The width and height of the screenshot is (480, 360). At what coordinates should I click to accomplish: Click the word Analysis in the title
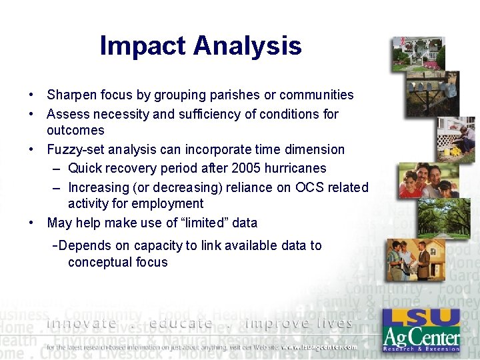tap(248, 46)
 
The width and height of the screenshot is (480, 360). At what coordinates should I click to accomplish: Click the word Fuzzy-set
tap(75, 149)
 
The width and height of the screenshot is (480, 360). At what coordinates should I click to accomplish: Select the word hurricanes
tap(293, 168)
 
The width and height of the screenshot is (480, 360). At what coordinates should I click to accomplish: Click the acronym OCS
tap(299, 187)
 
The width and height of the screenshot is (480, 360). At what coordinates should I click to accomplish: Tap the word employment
tap(170, 203)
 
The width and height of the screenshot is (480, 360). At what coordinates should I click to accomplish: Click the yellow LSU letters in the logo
tap(421, 319)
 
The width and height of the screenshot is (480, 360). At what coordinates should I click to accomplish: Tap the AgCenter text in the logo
tap(421, 337)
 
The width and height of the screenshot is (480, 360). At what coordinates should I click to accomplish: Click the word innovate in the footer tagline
tap(81, 323)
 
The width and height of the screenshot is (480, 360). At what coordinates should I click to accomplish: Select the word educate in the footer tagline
tap(181, 323)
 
